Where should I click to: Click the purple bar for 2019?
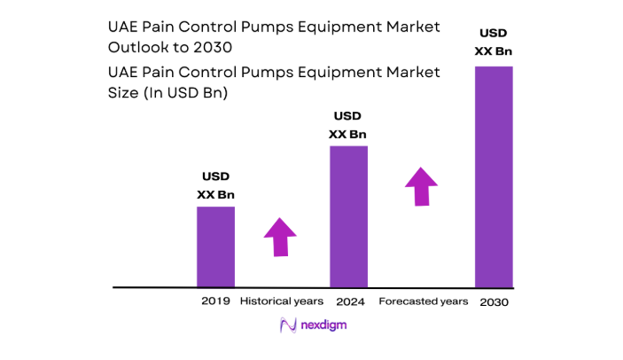coord(215,247)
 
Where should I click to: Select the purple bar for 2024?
coord(348,216)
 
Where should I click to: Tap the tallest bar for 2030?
coord(494,177)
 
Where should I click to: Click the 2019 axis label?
coord(215,301)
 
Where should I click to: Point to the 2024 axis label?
coord(348,301)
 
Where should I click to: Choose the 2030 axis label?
coord(495,302)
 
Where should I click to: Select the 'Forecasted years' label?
coord(423,301)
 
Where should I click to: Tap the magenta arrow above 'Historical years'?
coord(280,237)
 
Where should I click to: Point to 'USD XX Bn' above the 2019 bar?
coord(215,185)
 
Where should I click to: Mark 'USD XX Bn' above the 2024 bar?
coord(348,125)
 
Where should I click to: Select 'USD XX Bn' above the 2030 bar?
coord(494,42)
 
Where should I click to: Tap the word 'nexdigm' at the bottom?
coord(323,325)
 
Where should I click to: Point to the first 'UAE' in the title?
coord(123,27)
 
